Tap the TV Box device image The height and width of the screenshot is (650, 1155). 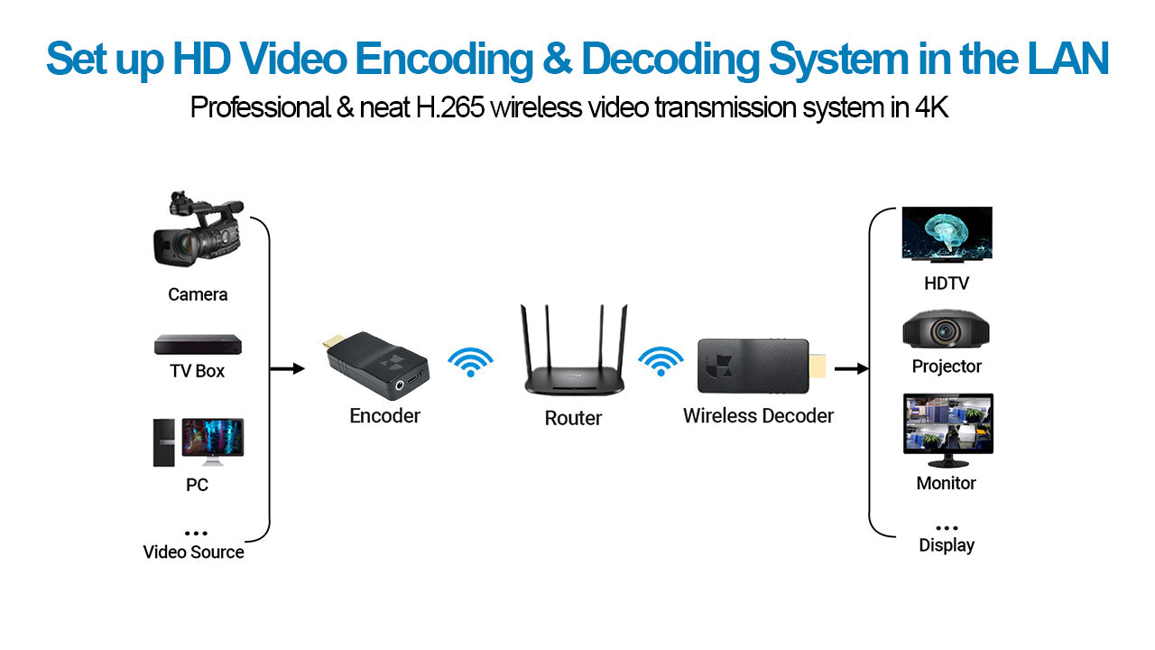click(x=198, y=344)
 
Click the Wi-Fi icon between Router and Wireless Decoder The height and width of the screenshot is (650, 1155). click(x=661, y=360)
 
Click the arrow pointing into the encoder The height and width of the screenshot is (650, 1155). click(x=288, y=368)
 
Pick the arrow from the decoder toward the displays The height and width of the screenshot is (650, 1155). click(x=852, y=368)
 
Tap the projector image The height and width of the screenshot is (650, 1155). click(x=947, y=331)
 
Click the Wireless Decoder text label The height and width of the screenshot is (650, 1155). click(x=758, y=416)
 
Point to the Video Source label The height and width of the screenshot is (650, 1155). click(x=193, y=552)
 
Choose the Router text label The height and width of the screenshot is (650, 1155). click(x=573, y=418)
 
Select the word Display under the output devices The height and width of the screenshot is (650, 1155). click(x=947, y=545)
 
